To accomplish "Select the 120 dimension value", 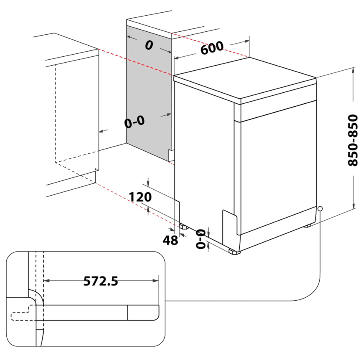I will pos(141,197).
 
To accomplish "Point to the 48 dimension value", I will pos(170,240).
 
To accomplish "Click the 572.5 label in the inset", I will pos(100,280).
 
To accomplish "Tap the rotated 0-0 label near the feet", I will pos(201,238).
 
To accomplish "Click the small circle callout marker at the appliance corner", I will pos(320,209).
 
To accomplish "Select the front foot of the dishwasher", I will pos(234,252).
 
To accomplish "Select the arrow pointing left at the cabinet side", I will pos(101,132).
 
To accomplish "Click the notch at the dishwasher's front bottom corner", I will pos(229,220).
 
